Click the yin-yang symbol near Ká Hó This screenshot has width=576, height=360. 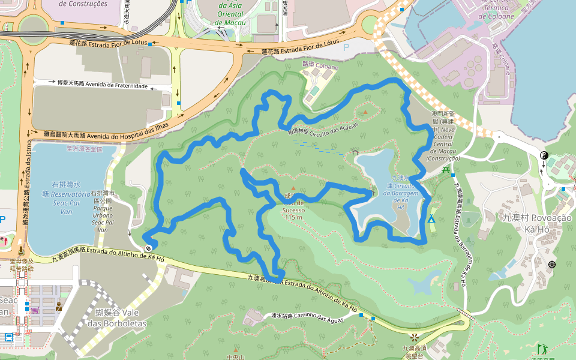click(544, 155)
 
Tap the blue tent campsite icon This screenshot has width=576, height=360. click(431, 219)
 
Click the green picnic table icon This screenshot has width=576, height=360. click(445, 170)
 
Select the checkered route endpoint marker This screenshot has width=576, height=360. click(148, 247)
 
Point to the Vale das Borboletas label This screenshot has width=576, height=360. click(121, 318)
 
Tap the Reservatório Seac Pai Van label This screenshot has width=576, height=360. click(67, 194)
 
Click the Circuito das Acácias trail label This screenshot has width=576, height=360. click(323, 128)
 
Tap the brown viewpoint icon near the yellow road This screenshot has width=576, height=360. click(413, 336)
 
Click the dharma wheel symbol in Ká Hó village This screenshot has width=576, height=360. click(551, 265)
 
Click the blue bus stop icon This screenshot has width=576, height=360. click(9, 337)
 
